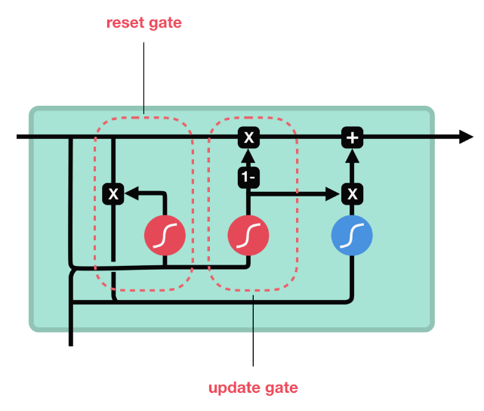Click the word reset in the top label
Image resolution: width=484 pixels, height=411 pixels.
(x=124, y=23)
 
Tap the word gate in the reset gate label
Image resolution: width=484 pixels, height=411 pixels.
(x=165, y=23)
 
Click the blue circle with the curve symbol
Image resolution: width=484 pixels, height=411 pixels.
(x=353, y=237)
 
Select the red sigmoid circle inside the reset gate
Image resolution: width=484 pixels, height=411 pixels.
(x=165, y=237)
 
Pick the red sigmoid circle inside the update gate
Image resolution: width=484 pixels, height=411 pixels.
(x=248, y=237)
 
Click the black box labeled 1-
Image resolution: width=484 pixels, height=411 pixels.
(x=248, y=179)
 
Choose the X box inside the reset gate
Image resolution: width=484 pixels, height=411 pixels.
(x=113, y=194)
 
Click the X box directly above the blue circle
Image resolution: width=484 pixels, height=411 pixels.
(x=353, y=194)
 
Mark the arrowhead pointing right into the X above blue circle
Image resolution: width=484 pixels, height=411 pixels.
(x=334, y=194)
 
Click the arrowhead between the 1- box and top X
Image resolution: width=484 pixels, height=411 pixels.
(x=248, y=156)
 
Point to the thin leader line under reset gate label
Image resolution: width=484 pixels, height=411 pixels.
(x=143, y=76)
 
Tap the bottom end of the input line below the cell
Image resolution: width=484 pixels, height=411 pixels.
(x=71, y=343)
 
